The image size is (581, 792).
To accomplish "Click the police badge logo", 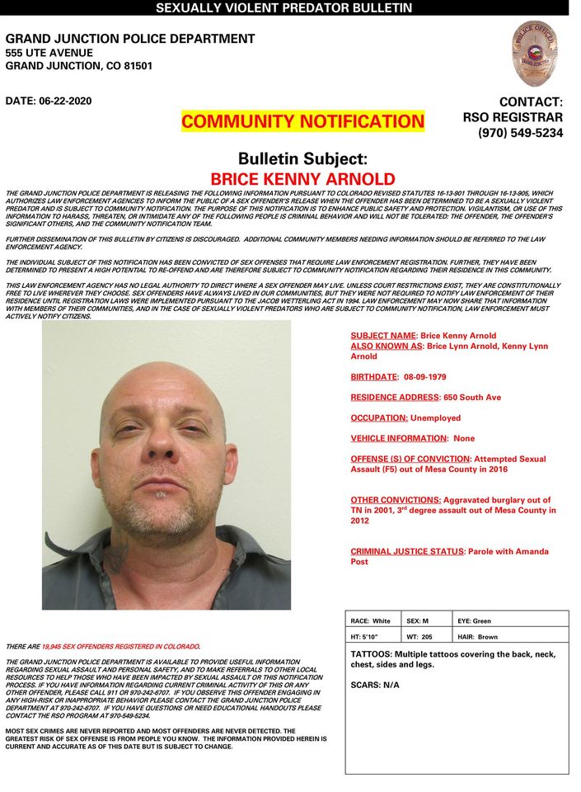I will click(x=534, y=54).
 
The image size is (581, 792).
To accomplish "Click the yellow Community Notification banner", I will click(x=302, y=122).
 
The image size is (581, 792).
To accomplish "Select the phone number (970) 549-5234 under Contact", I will click(x=520, y=133).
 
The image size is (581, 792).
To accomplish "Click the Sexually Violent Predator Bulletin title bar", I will click(x=283, y=8).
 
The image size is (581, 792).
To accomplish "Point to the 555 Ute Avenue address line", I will click(x=49, y=53).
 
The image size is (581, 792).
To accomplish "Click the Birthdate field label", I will click(x=374, y=376).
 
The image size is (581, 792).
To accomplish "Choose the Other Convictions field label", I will click(x=395, y=500).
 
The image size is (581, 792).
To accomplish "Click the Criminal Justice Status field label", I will click(x=407, y=551).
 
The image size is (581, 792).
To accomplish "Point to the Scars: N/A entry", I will click(x=375, y=685).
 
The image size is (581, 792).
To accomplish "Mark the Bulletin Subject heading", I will click(x=302, y=159).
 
